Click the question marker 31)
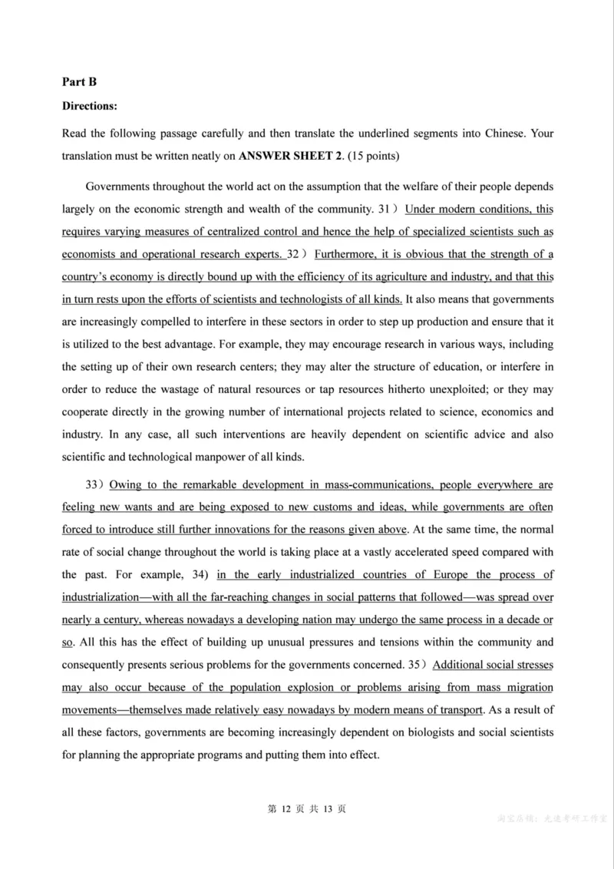(388, 210)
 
